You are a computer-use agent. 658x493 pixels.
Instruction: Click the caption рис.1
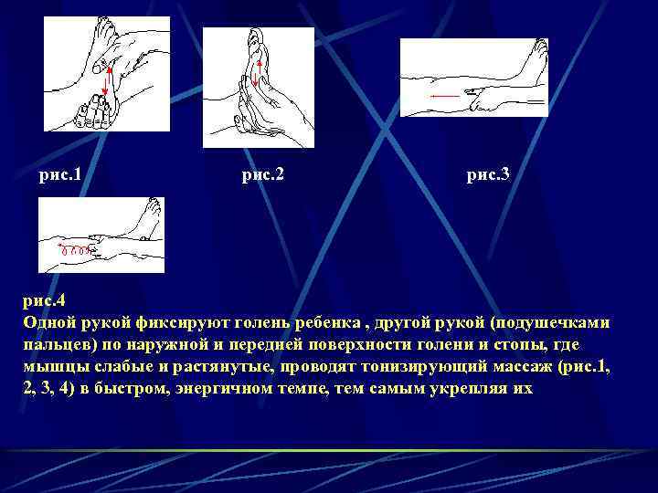[x=66, y=173]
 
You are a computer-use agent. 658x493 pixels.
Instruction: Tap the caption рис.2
[x=262, y=173]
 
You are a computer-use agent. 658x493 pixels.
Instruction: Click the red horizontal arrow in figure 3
[x=444, y=95]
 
